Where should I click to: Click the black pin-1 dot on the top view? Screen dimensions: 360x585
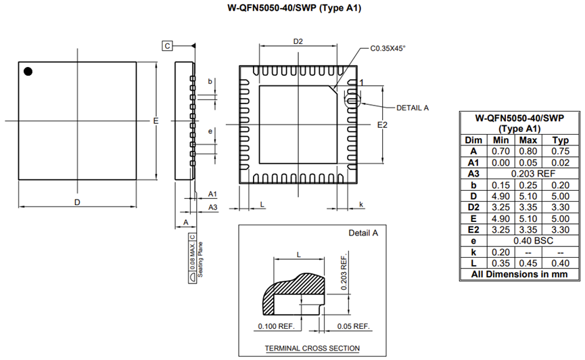point(28,71)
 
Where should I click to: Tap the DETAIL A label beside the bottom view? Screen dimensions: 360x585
point(413,108)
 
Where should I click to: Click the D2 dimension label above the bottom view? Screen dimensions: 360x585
point(298,42)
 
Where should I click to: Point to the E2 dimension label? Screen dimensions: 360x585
point(382,125)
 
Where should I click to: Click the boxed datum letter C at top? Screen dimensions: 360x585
point(168,45)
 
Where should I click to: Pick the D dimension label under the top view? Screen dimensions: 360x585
point(77,202)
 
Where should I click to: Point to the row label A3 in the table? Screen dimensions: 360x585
point(473,173)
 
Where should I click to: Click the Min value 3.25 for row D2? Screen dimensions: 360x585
point(500,207)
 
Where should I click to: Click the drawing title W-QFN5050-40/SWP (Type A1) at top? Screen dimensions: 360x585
point(293,9)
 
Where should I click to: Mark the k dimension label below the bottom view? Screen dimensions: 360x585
point(360,204)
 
